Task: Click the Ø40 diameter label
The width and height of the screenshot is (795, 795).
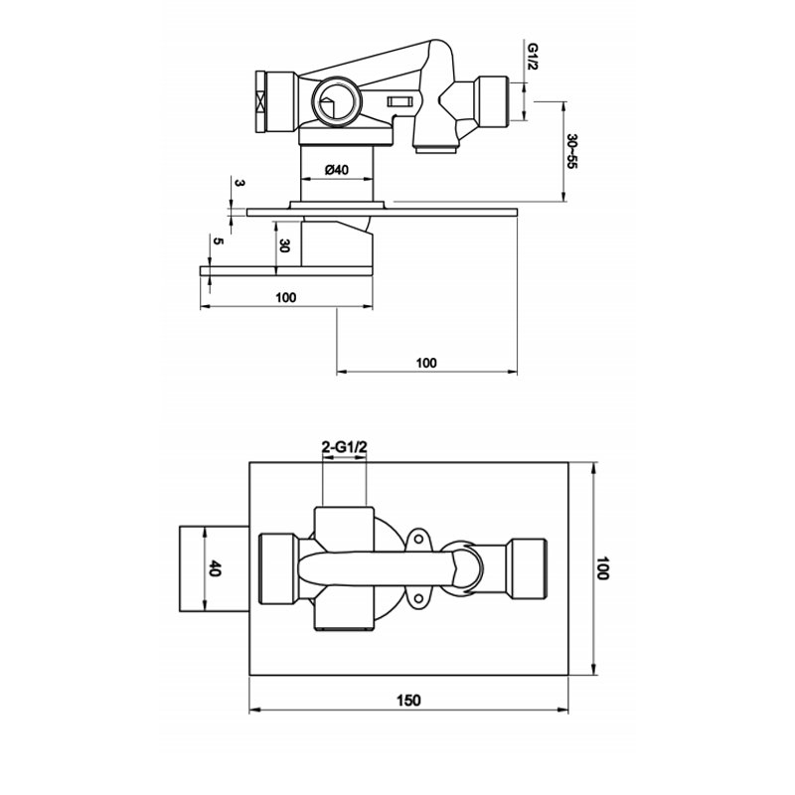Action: point(336,170)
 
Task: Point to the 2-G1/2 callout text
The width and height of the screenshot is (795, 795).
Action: point(345,449)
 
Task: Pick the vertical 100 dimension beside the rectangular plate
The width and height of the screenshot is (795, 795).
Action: point(602,569)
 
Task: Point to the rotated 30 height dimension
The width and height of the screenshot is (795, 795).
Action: point(284,245)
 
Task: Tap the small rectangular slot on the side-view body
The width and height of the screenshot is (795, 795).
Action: point(402,101)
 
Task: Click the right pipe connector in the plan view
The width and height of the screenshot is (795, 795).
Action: point(525,569)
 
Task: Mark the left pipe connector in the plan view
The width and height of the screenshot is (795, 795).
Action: point(279,569)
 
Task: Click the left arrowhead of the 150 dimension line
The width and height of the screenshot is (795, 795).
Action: point(252,710)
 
